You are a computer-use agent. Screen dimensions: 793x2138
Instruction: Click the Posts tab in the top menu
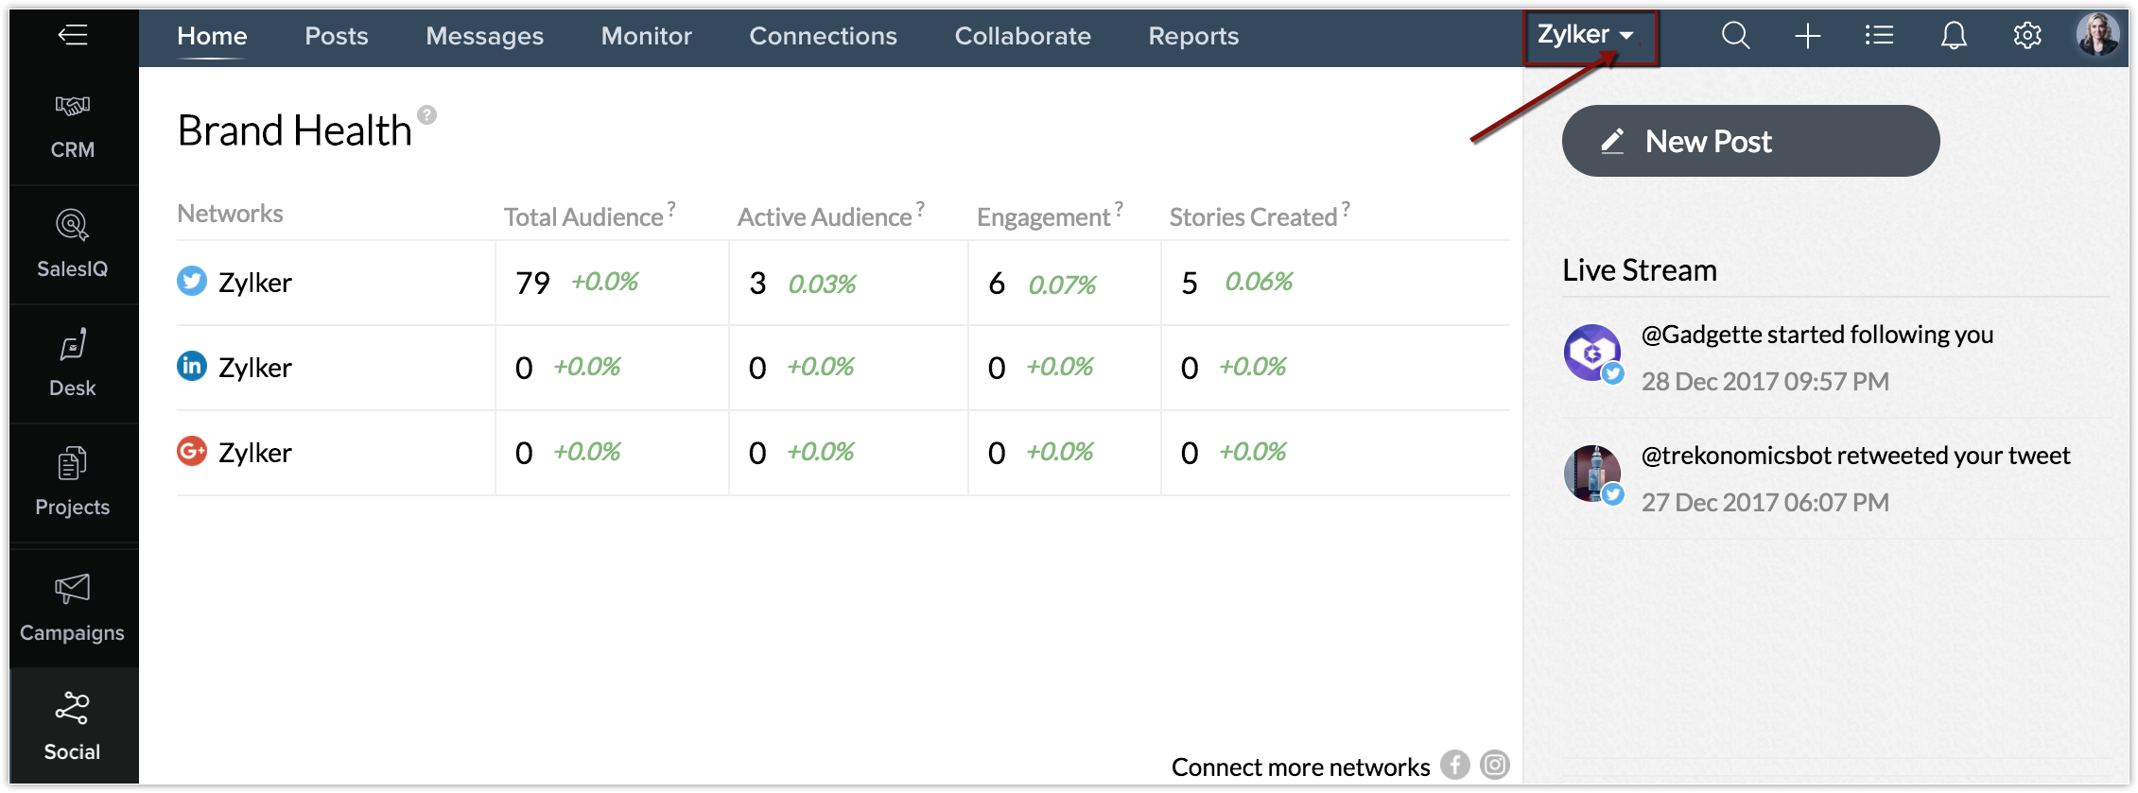336,36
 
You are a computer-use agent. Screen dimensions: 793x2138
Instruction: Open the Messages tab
484,36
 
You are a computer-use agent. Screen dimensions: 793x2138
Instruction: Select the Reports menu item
1192,36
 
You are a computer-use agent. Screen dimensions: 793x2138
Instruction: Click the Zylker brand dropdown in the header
1586,35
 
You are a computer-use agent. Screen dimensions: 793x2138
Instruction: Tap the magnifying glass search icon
1735,36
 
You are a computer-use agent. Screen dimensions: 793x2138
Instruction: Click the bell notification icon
1954,36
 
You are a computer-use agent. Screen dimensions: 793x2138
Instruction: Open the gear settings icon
2026,36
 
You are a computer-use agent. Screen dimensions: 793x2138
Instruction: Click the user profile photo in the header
2096,35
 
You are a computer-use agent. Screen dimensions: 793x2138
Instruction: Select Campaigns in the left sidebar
73,608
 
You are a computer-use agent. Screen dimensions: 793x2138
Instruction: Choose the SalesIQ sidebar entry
73,245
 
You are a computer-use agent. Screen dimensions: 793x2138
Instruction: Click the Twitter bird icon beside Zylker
192,281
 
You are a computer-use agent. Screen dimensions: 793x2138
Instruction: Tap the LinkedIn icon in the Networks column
192,366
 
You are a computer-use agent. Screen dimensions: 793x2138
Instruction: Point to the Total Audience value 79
532,283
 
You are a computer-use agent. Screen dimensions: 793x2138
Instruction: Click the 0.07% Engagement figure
1062,284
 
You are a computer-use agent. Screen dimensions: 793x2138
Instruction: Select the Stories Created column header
1253,217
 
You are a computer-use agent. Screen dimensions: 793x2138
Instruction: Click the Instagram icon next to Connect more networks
1495,765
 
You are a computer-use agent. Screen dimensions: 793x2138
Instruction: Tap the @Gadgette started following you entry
1816,335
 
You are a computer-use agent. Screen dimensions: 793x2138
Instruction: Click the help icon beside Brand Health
427,115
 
